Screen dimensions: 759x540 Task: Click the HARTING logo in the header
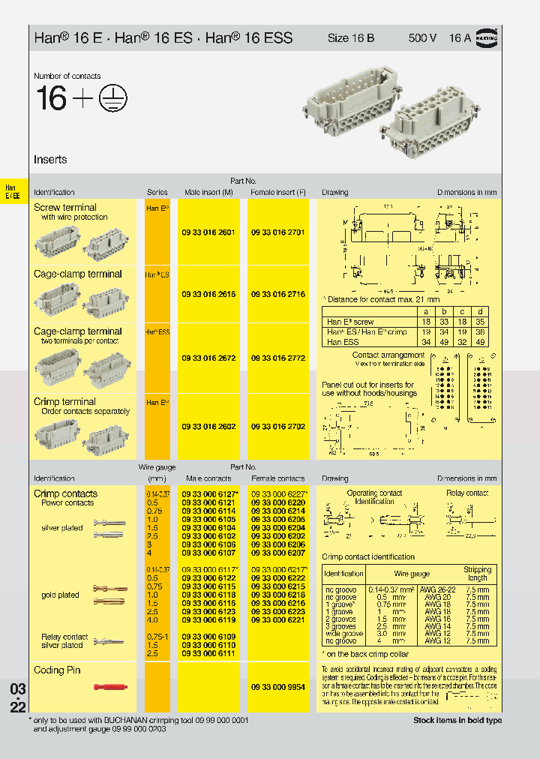pyautogui.click(x=487, y=37)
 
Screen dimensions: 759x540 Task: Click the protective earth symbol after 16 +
pyautogui.click(x=113, y=97)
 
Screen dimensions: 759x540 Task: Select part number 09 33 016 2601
pyautogui.click(x=208, y=232)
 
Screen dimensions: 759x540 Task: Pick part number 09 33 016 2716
pyautogui.click(x=277, y=295)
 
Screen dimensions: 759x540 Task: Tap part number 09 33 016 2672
pyautogui.click(x=208, y=358)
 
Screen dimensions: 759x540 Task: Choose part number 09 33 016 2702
pyautogui.click(x=277, y=427)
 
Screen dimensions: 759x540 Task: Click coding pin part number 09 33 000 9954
pyautogui.click(x=277, y=687)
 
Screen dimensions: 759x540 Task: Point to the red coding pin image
pyautogui.click(x=109, y=687)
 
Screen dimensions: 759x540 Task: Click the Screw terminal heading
pyautogui.click(x=65, y=208)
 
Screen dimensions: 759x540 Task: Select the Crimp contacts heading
pyautogui.click(x=65, y=493)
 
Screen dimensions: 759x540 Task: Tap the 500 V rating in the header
pyautogui.click(x=422, y=37)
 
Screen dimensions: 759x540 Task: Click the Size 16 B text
pyautogui.click(x=351, y=37)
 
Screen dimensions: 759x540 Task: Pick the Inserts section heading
pyautogui.click(x=50, y=160)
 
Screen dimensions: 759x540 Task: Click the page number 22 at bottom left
pyautogui.click(x=18, y=707)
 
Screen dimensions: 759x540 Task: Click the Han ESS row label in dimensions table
pyautogui.click(x=343, y=341)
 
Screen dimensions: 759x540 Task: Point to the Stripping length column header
pyautogui.click(x=477, y=574)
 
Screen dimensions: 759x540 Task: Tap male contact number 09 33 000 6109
pyautogui.click(x=208, y=637)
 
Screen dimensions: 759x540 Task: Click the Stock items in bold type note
pyautogui.click(x=457, y=721)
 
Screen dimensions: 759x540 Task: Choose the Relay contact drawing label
pyautogui.click(x=467, y=493)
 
